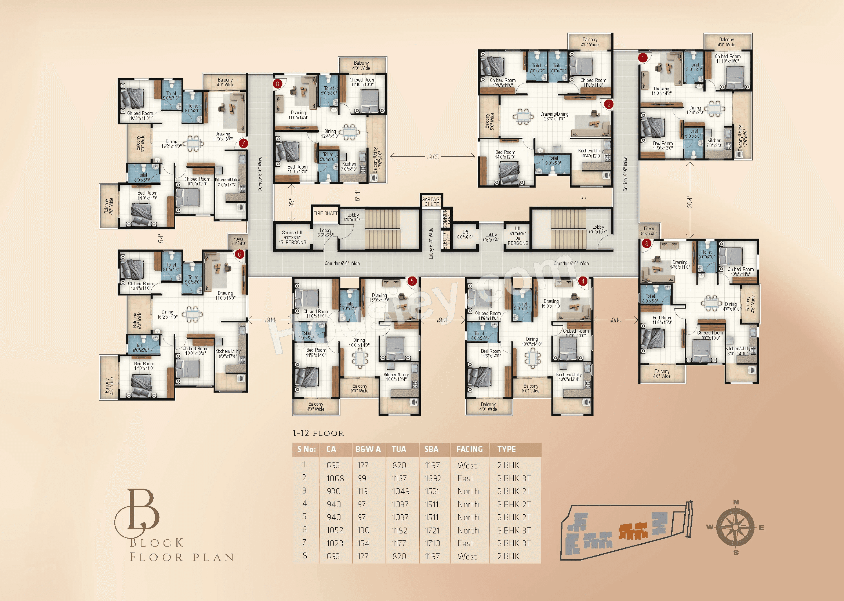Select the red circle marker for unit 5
[x=412, y=281]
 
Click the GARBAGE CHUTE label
[x=431, y=202]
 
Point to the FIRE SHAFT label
[x=325, y=213]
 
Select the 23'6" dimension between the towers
[x=433, y=157]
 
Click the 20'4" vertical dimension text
[x=689, y=202]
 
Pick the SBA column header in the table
[x=431, y=449]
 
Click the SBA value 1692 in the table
[x=433, y=479]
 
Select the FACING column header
[x=469, y=449]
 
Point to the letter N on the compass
[x=736, y=502]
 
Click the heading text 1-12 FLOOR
[x=318, y=433]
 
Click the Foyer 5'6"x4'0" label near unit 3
[x=649, y=231]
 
